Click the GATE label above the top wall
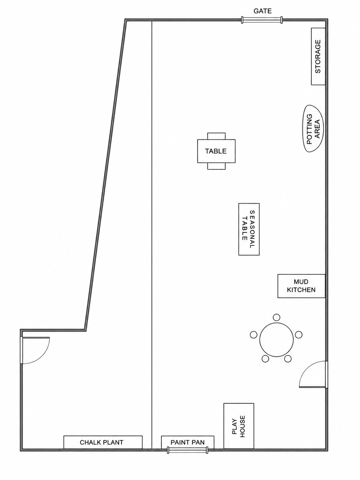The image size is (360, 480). tap(262, 11)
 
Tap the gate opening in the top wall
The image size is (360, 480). tap(262, 20)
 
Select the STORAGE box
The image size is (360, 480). tap(318, 56)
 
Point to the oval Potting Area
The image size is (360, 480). tap(313, 129)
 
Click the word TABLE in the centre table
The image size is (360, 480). tap(216, 151)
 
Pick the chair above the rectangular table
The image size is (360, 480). tap(216, 136)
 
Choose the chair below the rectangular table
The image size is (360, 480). tap(216, 166)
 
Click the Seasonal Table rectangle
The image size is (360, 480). tap(249, 229)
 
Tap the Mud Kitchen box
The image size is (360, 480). tap(301, 286)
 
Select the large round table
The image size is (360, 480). tap(277, 340)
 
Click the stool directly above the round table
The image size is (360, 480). tap(276, 317)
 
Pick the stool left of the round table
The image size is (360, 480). tap(253, 335)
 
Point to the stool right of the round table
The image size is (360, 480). tap(298, 335)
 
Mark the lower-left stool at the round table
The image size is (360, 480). tap(265, 358)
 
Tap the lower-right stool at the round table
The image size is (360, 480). tap(288, 358)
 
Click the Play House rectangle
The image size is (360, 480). tap(239, 426)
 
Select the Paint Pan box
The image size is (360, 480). tap(187, 442)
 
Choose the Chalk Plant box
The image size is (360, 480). tap(103, 442)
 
